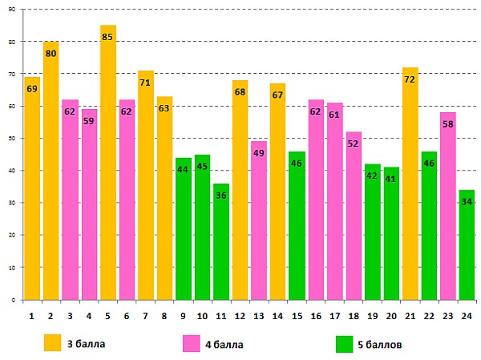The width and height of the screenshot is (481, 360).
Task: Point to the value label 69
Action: pyautogui.click(x=32, y=88)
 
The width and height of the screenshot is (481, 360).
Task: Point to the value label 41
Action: pyautogui.click(x=391, y=179)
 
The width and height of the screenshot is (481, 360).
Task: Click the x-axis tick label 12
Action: pyautogui.click(x=240, y=315)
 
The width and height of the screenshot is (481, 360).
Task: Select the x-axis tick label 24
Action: pyautogui.click(x=467, y=315)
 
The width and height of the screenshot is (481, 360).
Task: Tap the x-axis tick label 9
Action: pyautogui.click(x=183, y=315)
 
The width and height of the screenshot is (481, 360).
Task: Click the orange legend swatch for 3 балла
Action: pyautogui.click(x=52, y=344)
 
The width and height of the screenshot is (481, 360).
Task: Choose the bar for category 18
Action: pyautogui.click(x=354, y=216)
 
